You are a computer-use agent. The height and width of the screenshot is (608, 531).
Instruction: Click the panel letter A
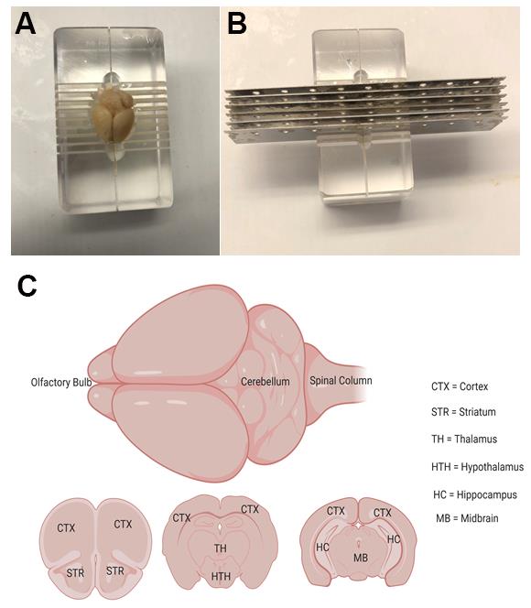pos(26,23)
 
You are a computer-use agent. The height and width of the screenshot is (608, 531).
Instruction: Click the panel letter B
pos(237,23)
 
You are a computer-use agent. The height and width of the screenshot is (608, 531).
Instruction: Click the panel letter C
pos(27,287)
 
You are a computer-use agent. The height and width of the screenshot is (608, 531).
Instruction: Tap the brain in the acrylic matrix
pos(113,115)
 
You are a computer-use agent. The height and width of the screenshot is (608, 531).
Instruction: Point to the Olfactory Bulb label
pos(61,383)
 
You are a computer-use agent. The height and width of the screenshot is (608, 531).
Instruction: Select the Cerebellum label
pos(265,382)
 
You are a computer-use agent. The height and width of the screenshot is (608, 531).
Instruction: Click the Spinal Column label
pos(341,381)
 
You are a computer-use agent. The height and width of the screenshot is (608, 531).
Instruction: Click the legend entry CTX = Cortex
pos(460,386)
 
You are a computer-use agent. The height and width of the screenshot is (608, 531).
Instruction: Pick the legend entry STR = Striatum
pos(463,412)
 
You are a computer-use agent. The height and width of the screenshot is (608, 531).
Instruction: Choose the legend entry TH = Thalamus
pos(464,439)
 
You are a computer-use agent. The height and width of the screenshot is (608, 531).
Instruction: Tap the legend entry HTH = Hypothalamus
pos(477,467)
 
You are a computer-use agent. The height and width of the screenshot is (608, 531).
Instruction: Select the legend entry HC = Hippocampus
pos(475,494)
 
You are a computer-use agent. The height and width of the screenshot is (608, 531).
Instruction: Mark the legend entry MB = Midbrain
pos(467,518)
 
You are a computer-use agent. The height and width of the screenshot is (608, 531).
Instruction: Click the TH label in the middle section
pos(220,548)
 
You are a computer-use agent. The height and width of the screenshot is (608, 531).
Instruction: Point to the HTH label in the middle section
pos(221,577)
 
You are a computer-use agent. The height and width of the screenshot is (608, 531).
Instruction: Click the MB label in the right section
pos(361,558)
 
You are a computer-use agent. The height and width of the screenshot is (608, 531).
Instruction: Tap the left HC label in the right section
pos(322,548)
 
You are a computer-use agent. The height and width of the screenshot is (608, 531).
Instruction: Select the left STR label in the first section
pos(75,572)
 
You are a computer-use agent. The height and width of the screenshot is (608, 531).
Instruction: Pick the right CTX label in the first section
pos(123,525)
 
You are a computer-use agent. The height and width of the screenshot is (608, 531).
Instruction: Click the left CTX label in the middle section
pos(181,517)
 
